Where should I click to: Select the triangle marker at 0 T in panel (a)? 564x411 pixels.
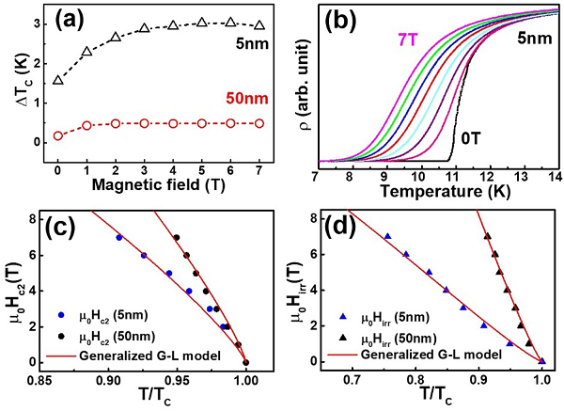tap(58, 81)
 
